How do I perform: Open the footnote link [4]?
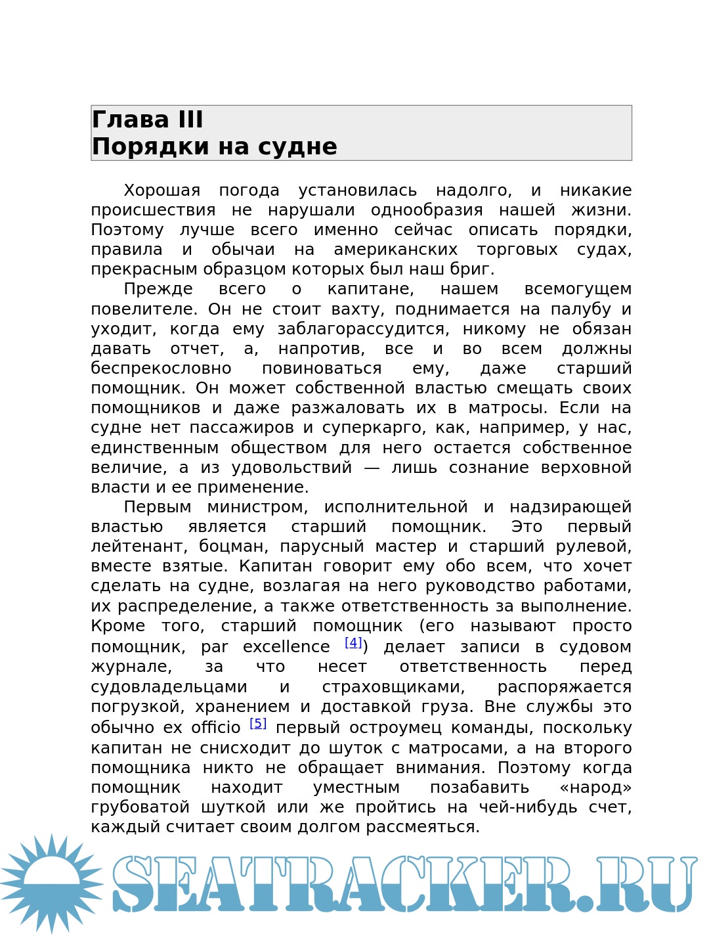tap(353, 642)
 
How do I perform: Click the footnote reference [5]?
tap(258, 723)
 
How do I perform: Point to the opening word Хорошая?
tap(161, 190)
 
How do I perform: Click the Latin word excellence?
tap(286, 647)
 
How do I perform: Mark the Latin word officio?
tap(215, 728)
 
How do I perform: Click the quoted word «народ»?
tap(595, 788)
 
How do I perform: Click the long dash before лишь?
tap(372, 468)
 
